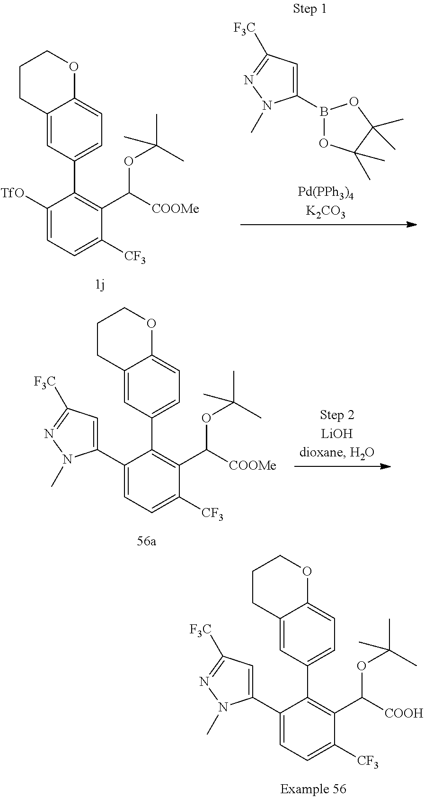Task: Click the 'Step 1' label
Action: [x=309, y=9]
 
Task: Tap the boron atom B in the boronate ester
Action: [x=324, y=113]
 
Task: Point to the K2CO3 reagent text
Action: [x=325, y=212]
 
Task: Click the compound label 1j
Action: [x=100, y=285]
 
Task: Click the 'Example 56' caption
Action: [x=313, y=788]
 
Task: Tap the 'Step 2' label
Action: [x=337, y=415]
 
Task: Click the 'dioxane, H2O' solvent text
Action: [x=337, y=453]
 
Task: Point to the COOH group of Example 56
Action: [x=404, y=713]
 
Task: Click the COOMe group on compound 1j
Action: [x=176, y=209]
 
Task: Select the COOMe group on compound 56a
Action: [x=253, y=465]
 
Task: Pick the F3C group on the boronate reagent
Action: [x=246, y=29]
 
